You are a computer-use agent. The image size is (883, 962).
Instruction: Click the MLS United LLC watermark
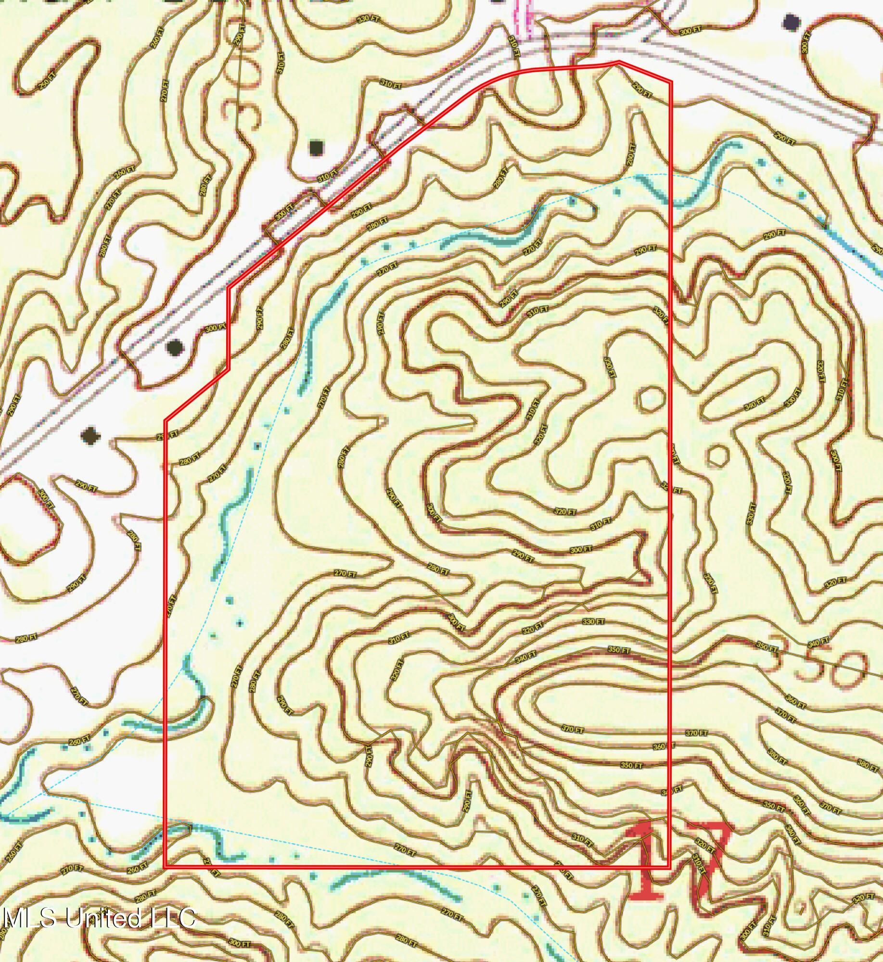click(x=99, y=917)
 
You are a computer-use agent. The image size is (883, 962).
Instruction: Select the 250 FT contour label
click(x=44, y=84)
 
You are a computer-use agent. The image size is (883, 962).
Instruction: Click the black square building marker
click(x=316, y=148)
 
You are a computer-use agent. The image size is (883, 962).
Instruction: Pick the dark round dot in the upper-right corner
click(x=792, y=22)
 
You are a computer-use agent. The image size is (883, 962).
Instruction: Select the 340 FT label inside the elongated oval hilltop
click(x=754, y=403)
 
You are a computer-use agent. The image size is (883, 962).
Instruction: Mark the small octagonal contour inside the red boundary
click(x=652, y=398)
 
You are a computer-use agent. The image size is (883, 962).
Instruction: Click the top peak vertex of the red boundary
click(x=619, y=62)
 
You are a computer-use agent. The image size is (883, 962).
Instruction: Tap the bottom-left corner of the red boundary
click(x=166, y=866)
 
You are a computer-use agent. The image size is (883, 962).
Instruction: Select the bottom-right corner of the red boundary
click(x=670, y=866)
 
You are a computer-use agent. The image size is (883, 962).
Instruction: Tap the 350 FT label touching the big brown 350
click(x=767, y=647)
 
